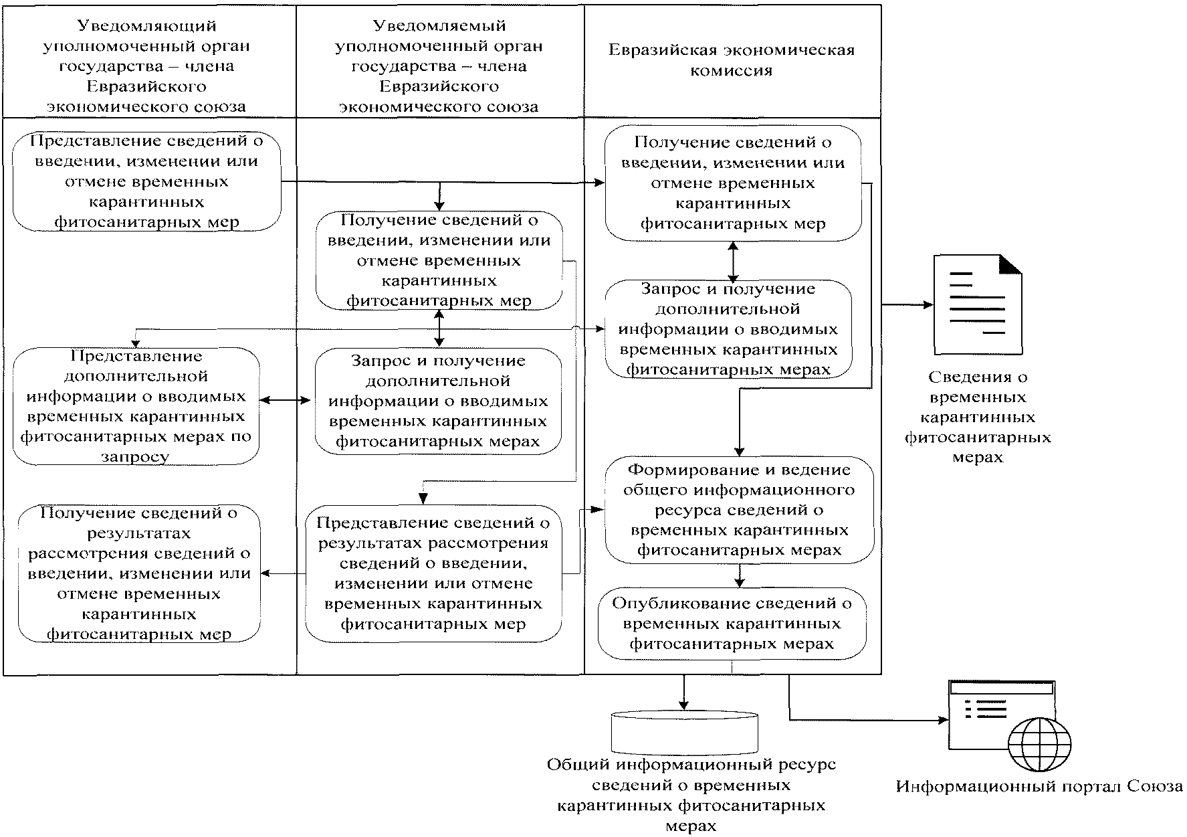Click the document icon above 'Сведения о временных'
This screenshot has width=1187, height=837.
tap(978, 304)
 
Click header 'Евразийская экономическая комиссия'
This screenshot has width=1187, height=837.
tap(732, 60)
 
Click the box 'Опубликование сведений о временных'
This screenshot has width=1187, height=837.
tap(732, 624)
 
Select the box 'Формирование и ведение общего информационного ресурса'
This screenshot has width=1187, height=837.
tap(739, 510)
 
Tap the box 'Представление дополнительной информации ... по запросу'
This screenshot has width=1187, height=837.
tap(136, 406)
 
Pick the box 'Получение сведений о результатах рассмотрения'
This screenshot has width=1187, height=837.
tap(139, 573)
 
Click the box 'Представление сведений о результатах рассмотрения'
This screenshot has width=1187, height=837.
tap(433, 573)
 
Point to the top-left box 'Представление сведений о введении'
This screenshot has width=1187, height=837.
tap(146, 181)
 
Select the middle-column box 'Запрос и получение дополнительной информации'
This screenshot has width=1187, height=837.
tap(438, 401)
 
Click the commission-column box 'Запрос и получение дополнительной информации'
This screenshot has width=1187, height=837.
tap(728, 329)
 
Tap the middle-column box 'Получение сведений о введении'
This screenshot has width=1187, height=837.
tap(439, 260)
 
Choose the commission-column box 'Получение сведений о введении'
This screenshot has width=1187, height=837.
tap(733, 183)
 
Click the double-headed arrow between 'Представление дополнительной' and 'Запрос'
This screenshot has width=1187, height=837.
tap(286, 401)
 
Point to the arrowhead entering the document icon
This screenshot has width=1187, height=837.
tap(928, 304)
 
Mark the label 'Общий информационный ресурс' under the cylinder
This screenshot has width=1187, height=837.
tap(691, 794)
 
